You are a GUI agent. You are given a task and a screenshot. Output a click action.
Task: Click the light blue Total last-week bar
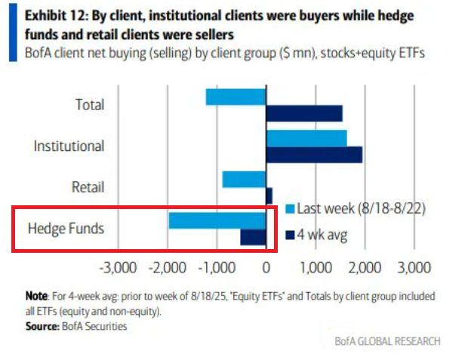tap(236, 97)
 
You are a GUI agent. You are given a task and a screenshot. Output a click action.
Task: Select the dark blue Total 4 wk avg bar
tap(304, 113)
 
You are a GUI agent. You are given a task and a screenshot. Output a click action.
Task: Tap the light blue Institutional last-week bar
tap(306, 138)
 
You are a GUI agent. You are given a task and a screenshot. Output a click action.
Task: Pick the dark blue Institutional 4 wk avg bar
tap(314, 155)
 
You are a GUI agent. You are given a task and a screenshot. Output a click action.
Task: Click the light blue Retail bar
tap(244, 180)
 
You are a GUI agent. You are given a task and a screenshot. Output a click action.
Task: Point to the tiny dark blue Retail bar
tap(269, 195)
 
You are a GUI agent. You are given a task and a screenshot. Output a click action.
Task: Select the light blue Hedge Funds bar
tap(217, 220)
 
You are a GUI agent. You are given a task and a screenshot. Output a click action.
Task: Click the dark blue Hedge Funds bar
tap(254, 237)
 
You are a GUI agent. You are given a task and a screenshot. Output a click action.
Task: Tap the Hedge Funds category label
tap(66, 227)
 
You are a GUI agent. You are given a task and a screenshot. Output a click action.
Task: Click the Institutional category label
tap(69, 146)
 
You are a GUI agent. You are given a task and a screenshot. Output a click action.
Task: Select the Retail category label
tap(87, 187)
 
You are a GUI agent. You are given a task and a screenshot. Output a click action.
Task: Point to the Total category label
tap(90, 105)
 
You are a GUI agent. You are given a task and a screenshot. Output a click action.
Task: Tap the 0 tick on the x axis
tap(266, 267)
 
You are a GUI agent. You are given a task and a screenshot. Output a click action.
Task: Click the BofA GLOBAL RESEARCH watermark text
tap(387, 341)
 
